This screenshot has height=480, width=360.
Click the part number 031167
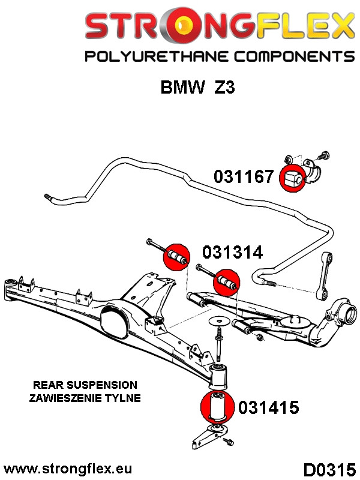click(x=245, y=176)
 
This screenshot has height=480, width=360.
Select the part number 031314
click(x=232, y=253)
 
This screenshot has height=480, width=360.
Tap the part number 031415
click(x=268, y=408)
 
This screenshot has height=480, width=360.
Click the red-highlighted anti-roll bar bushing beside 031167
click(x=293, y=177)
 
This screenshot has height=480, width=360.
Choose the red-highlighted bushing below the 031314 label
click(x=227, y=280)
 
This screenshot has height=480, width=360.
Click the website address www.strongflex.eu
click(x=68, y=468)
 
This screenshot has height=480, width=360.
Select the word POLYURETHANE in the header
click(x=154, y=57)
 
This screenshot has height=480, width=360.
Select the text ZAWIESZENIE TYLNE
click(x=85, y=397)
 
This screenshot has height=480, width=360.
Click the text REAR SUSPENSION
click(x=85, y=385)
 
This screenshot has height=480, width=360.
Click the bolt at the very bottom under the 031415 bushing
click(x=229, y=442)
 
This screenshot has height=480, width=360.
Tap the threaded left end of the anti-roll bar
click(x=48, y=197)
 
